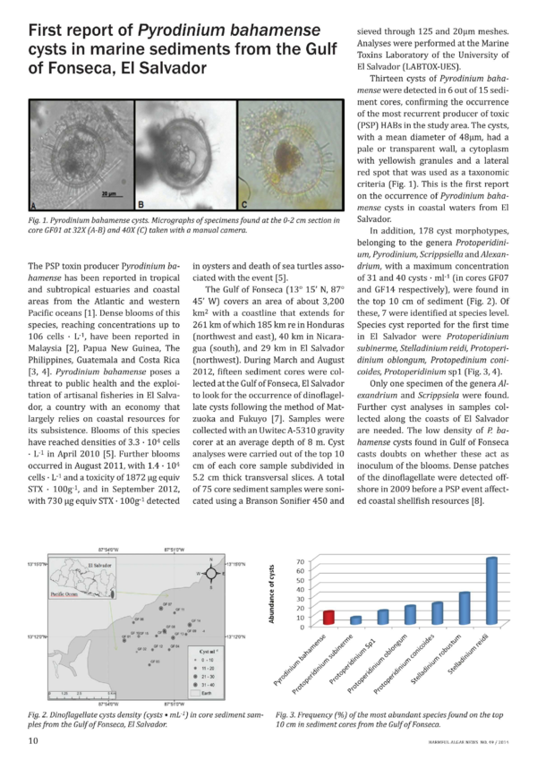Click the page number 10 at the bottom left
(32, 740)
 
